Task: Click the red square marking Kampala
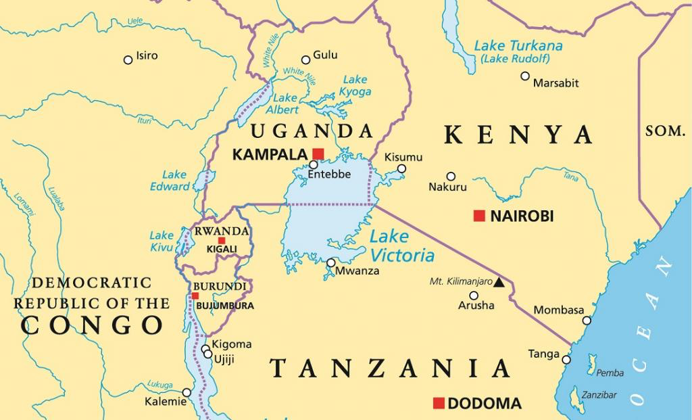pyautogui.click(x=318, y=154)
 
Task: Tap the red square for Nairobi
pyautogui.click(x=479, y=216)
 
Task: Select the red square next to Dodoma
pyautogui.click(x=439, y=404)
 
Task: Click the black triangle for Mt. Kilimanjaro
pyautogui.click(x=499, y=281)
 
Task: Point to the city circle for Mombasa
pyautogui.click(x=587, y=321)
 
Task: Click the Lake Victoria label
pyautogui.click(x=402, y=246)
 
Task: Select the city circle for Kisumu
pyautogui.click(x=401, y=169)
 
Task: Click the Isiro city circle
pyautogui.click(x=128, y=60)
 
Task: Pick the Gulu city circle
pyautogui.click(x=305, y=60)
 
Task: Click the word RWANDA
pyautogui.click(x=222, y=231)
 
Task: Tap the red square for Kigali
pyautogui.click(x=222, y=241)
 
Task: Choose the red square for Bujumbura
pyautogui.click(x=195, y=296)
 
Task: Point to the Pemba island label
pyautogui.click(x=611, y=373)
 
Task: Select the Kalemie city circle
pyautogui.click(x=187, y=392)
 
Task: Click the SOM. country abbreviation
pyautogui.click(x=665, y=132)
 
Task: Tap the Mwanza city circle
pyautogui.click(x=331, y=263)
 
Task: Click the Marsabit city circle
pyautogui.click(x=525, y=76)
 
